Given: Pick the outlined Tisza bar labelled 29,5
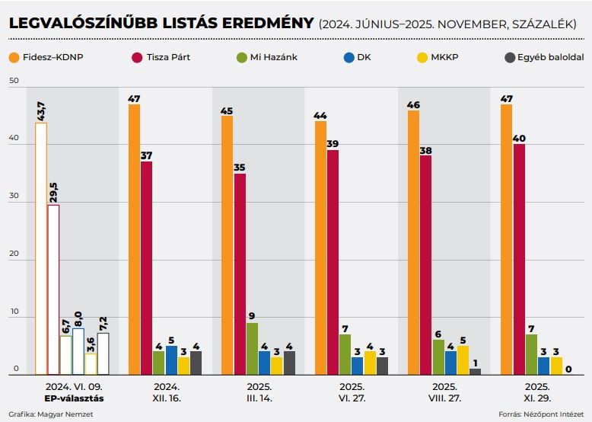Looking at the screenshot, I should [x=53, y=289].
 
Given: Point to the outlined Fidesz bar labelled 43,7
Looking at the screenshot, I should [x=41, y=248].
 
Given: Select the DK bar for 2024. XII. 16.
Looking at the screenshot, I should [x=171, y=360].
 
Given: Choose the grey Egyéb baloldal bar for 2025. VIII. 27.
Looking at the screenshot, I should [x=476, y=371].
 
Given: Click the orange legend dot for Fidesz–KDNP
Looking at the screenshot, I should [x=14, y=57].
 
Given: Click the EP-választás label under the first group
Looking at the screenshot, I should [x=72, y=398].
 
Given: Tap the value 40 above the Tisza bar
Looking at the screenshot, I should [x=519, y=138].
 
